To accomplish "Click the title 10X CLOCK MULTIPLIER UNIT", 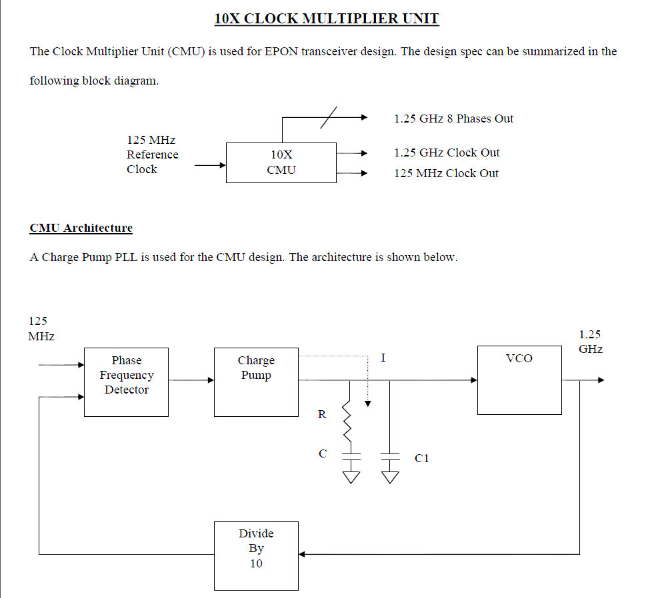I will [327, 18].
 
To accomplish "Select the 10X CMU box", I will [281, 162].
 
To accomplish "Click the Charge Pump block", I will [256, 382].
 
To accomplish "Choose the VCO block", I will [519, 380].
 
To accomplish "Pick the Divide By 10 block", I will [256, 555].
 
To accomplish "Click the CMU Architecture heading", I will [81, 228].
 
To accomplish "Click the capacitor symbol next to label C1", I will [390, 457].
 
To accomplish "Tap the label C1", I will [421, 458].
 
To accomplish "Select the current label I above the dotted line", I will [383, 358].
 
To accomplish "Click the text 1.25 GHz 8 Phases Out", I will [453, 119].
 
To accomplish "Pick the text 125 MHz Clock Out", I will [446, 173].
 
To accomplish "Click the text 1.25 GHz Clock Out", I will [447, 152].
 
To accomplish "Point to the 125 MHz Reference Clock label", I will [152, 154].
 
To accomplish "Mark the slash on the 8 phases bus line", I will [329, 117].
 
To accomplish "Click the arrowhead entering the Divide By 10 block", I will [302, 554].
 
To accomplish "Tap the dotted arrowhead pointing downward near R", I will [367, 404].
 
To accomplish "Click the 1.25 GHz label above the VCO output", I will [590, 342].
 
